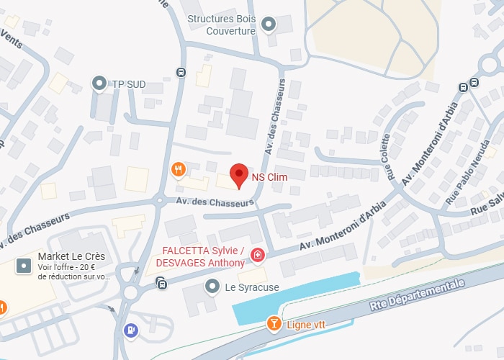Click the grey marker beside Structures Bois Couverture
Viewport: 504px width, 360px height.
tap(269, 25)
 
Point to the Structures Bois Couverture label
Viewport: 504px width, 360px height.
tap(221, 24)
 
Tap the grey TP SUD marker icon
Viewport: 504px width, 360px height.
tap(99, 84)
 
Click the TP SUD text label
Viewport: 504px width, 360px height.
tap(128, 85)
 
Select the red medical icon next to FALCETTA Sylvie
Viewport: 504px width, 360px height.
tap(257, 256)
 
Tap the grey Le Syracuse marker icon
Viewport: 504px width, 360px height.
tap(212, 288)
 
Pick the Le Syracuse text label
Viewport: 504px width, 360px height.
tap(252, 288)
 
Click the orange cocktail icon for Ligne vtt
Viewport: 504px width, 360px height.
tap(274, 324)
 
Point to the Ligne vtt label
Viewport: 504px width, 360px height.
tap(306, 325)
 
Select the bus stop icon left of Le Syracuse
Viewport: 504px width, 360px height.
tap(161, 284)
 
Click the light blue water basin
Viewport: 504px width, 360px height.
tap(295, 298)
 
